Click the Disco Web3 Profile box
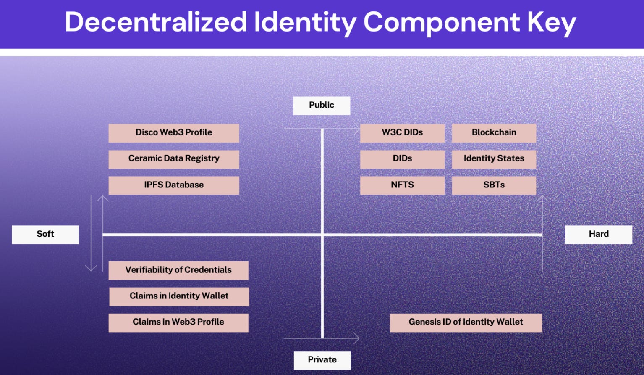coord(174,133)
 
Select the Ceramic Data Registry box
coord(174,159)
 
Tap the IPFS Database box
coord(174,185)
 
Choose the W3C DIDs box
coord(402,133)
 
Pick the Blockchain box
coord(494,133)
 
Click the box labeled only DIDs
coord(402,159)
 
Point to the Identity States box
coord(494,159)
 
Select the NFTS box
coord(402,185)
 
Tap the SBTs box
coord(494,185)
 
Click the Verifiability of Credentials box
coord(178,270)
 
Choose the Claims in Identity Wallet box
coord(179,296)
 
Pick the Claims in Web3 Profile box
coord(178,322)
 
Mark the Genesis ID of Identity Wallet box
coord(466,322)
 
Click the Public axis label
coord(322,106)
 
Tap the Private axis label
coord(322,360)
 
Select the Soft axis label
coord(45,234)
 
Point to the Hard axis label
coord(599,234)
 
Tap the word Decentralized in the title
coord(156,22)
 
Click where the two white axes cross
coord(322,235)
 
